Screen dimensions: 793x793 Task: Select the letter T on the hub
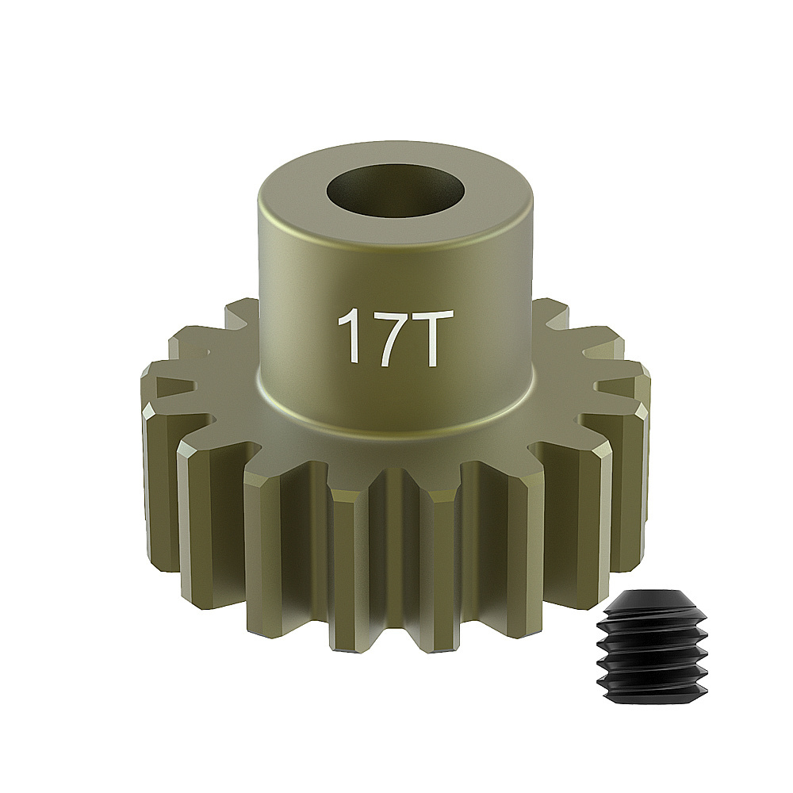tap(418, 337)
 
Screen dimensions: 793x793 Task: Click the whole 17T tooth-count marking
tap(388, 336)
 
